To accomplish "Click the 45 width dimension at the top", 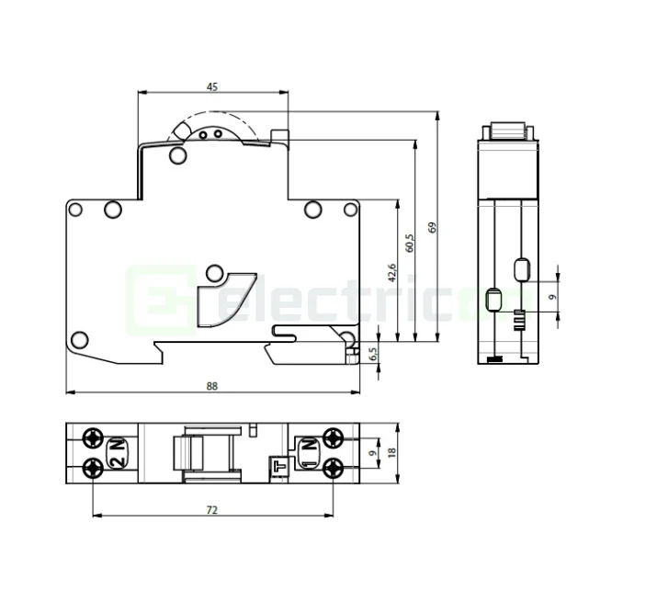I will tap(212, 87).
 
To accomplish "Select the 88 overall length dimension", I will tap(212, 386).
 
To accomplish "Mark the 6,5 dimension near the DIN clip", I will tap(373, 353).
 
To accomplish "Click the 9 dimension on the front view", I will tap(551, 296).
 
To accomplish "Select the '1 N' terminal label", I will tap(310, 453).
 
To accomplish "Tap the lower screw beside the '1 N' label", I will tap(334, 468).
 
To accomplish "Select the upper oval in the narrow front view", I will tap(521, 269).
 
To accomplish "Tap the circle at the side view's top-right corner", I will tap(349, 210).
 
